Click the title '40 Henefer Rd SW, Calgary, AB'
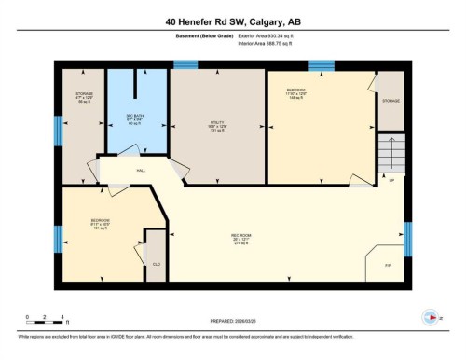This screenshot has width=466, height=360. (232, 21)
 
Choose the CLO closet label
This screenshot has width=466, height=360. (157, 265)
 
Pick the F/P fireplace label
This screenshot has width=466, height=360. (388, 266)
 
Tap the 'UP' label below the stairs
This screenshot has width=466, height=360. (391, 180)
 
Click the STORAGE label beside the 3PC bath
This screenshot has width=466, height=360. (84, 97)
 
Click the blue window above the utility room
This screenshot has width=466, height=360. (185, 64)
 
